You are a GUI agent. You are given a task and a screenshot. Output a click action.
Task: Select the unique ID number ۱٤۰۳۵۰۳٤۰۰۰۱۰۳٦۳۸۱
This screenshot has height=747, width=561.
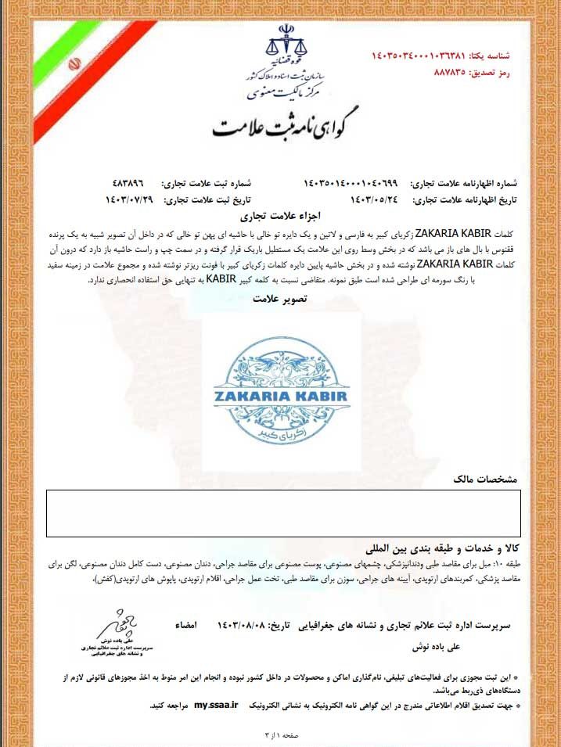click(419, 56)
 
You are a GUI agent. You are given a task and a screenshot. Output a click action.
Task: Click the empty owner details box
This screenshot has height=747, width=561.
click(282, 513)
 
